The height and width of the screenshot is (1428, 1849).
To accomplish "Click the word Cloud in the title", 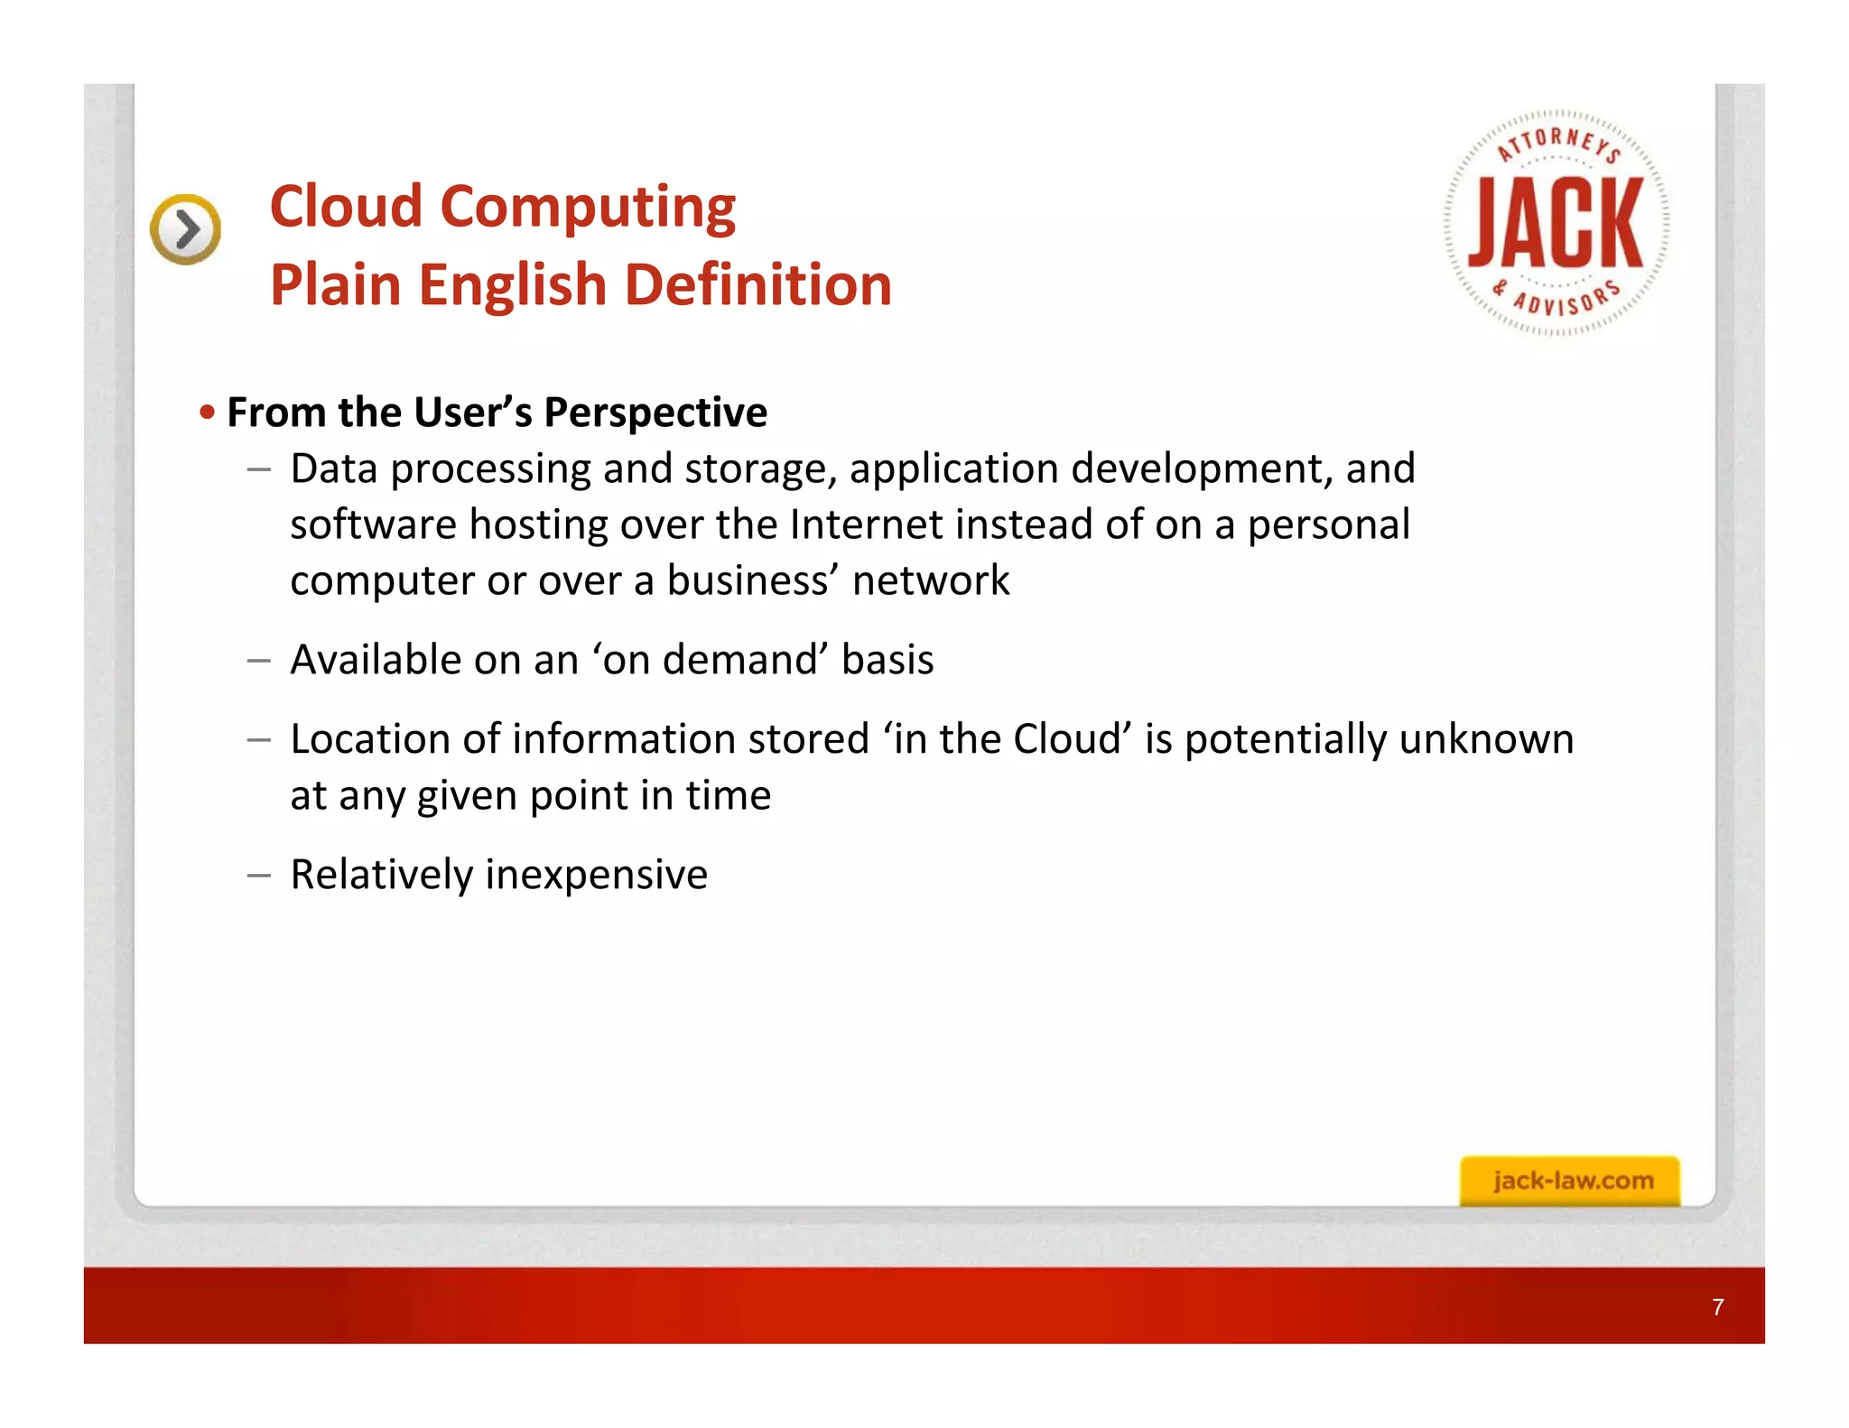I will pos(346,207).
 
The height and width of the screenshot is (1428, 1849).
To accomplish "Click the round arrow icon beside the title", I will pos(185,229).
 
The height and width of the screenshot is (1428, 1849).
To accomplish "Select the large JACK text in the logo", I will pos(1556,223).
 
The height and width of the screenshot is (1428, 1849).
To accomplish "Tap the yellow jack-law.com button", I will pos(1570,1181).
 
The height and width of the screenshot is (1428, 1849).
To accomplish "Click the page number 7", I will pos(1717,1307).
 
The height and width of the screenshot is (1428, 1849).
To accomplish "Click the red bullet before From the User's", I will pos(208,413).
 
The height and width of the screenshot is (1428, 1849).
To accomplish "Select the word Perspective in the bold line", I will pos(655,413).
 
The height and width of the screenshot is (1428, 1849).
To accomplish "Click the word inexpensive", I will pos(596,875).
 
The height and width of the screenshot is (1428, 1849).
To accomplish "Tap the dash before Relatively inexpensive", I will pos(258,875).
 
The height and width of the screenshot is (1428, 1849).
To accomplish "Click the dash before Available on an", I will pos(258,660).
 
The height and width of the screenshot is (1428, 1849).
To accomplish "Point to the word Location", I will pos(368,739).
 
